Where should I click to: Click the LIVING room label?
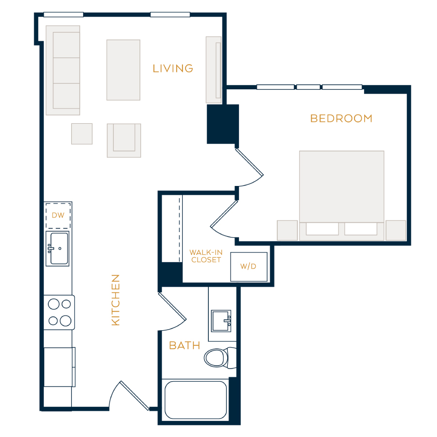(173, 68)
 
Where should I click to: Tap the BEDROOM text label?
(341, 118)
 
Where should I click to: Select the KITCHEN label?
(116, 300)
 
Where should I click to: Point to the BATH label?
(185, 346)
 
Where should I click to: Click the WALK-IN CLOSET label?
(206, 256)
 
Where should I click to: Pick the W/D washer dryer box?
(249, 267)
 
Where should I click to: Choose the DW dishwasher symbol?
(58, 216)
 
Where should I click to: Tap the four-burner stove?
(59, 312)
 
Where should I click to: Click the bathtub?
(196, 400)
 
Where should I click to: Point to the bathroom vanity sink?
(221, 321)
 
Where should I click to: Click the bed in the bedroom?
(341, 196)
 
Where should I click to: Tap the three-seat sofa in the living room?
(63, 70)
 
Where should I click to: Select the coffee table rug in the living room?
(123, 70)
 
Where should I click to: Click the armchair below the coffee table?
(124, 140)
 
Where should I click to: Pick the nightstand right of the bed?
(396, 231)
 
